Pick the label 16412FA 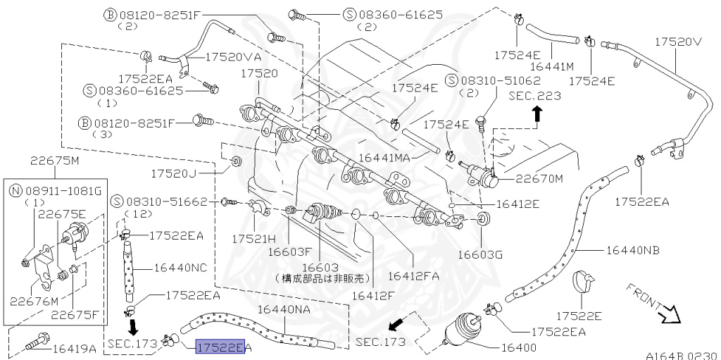click(413, 275)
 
